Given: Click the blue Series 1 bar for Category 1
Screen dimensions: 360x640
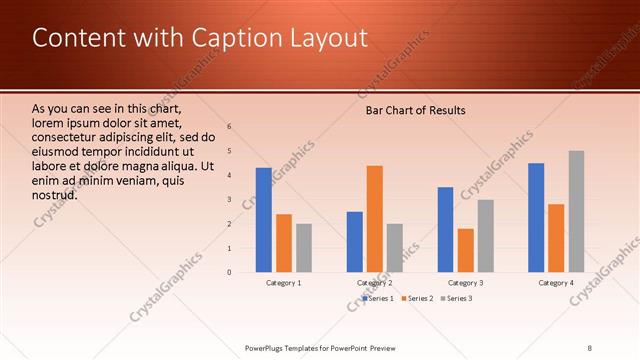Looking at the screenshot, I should (264, 220).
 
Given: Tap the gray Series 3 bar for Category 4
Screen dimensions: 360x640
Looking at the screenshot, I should (576, 211).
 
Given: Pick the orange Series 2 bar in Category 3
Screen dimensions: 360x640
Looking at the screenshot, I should (466, 250).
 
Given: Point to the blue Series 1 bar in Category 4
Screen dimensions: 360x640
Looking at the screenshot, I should (536, 217).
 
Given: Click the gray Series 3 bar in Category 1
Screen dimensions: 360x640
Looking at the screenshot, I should (304, 248).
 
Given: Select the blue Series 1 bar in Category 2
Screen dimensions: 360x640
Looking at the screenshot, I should (355, 242).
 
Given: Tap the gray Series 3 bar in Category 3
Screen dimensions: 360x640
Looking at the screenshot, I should (486, 236).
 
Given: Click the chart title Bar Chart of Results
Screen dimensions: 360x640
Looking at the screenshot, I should (415, 110).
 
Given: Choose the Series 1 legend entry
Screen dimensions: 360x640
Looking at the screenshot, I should (378, 298).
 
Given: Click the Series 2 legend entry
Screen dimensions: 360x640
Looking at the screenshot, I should (417, 298).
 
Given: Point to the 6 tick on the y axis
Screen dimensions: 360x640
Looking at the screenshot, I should (229, 127).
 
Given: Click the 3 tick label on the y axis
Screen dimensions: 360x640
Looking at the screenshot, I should (229, 199).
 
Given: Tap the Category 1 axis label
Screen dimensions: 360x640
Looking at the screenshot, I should (284, 283).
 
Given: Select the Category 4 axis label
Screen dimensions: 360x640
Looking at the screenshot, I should (556, 283).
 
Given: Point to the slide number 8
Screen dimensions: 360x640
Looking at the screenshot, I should (589, 347).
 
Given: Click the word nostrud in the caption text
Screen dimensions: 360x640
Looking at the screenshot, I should (55, 195).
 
